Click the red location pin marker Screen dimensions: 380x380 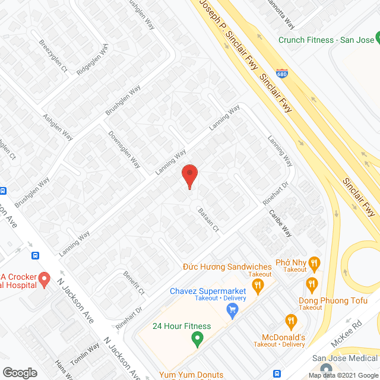tap(189, 176)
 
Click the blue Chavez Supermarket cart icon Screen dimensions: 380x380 tap(233, 309)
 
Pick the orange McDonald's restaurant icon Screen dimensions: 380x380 tap(290, 321)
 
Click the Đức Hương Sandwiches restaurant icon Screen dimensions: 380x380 tap(257, 286)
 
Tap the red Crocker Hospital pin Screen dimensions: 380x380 tap(44, 278)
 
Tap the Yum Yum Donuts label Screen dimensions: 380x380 tap(191, 375)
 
